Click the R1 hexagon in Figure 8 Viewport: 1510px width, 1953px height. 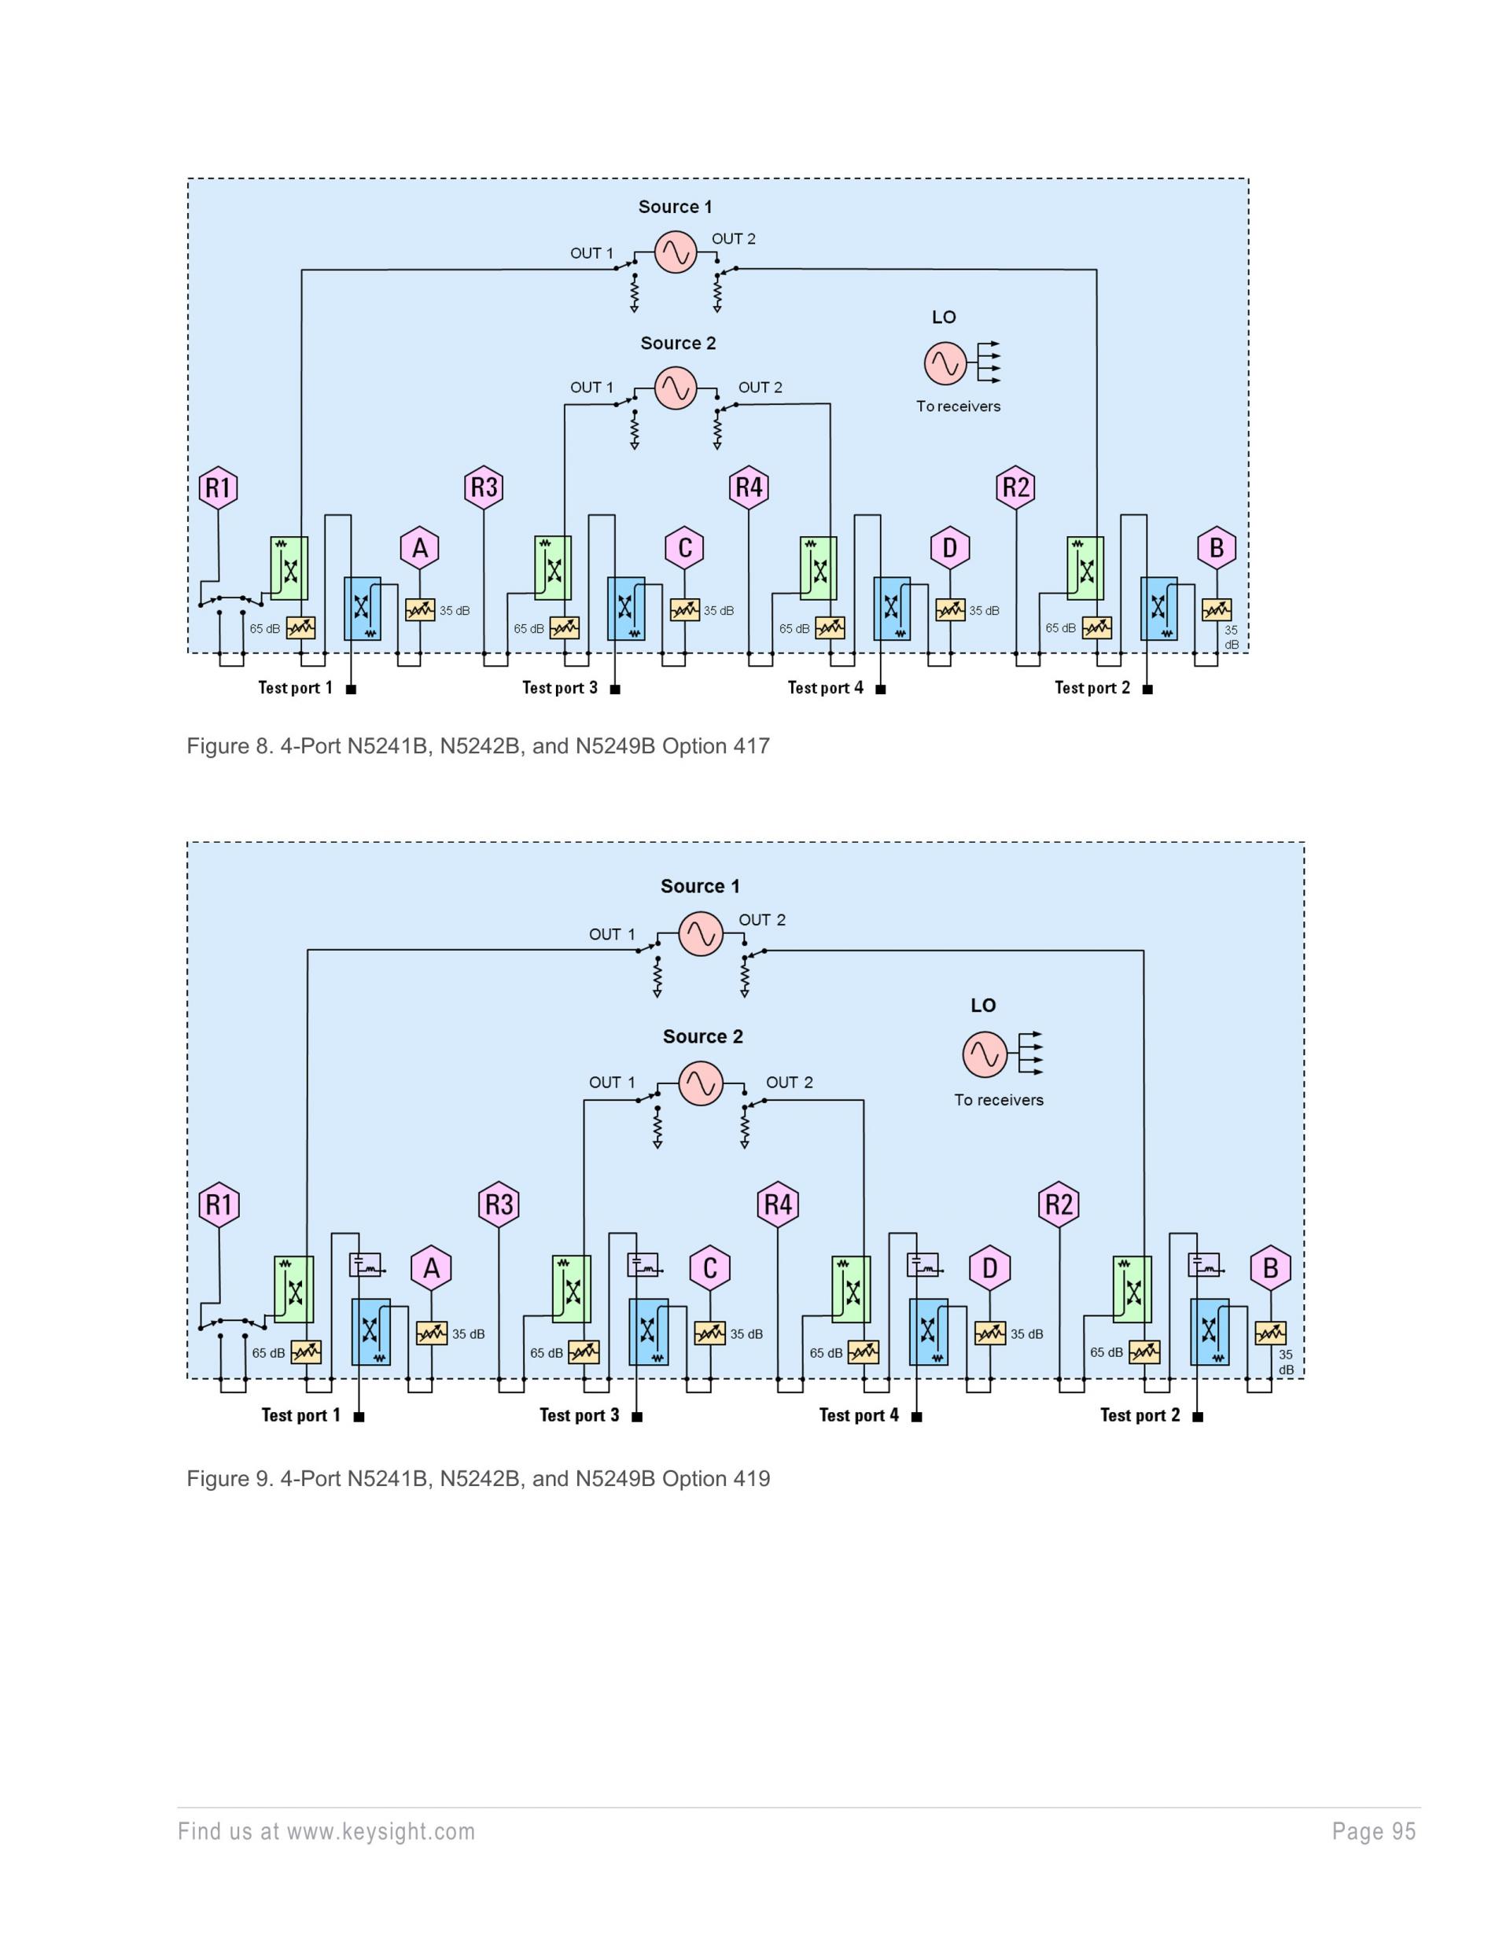tap(219, 487)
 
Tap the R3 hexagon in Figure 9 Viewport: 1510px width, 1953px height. tap(499, 1205)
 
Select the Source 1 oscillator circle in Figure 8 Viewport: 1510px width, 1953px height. tap(676, 252)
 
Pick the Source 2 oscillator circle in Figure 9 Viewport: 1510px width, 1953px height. tap(701, 1083)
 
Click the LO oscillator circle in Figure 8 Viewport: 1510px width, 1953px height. tap(945, 363)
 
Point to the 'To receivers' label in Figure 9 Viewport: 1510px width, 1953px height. tap(998, 1100)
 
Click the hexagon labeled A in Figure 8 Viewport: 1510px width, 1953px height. tap(419, 548)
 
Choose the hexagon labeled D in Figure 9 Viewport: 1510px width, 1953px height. tap(989, 1268)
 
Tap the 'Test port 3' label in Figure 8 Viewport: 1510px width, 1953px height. tap(560, 688)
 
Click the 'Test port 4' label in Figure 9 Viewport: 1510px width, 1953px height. tap(859, 1414)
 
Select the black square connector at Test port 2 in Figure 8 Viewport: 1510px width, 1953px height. tap(1147, 689)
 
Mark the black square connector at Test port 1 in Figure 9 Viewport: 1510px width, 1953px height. tap(359, 1417)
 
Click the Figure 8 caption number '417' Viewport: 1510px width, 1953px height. tap(750, 746)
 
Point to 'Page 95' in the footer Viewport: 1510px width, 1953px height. tap(1373, 1831)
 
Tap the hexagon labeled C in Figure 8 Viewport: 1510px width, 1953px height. tap(685, 548)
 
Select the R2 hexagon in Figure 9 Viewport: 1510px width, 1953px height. tap(1059, 1205)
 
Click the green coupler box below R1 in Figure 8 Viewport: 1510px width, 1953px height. tap(289, 568)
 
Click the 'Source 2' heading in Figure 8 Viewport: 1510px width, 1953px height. tap(678, 344)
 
